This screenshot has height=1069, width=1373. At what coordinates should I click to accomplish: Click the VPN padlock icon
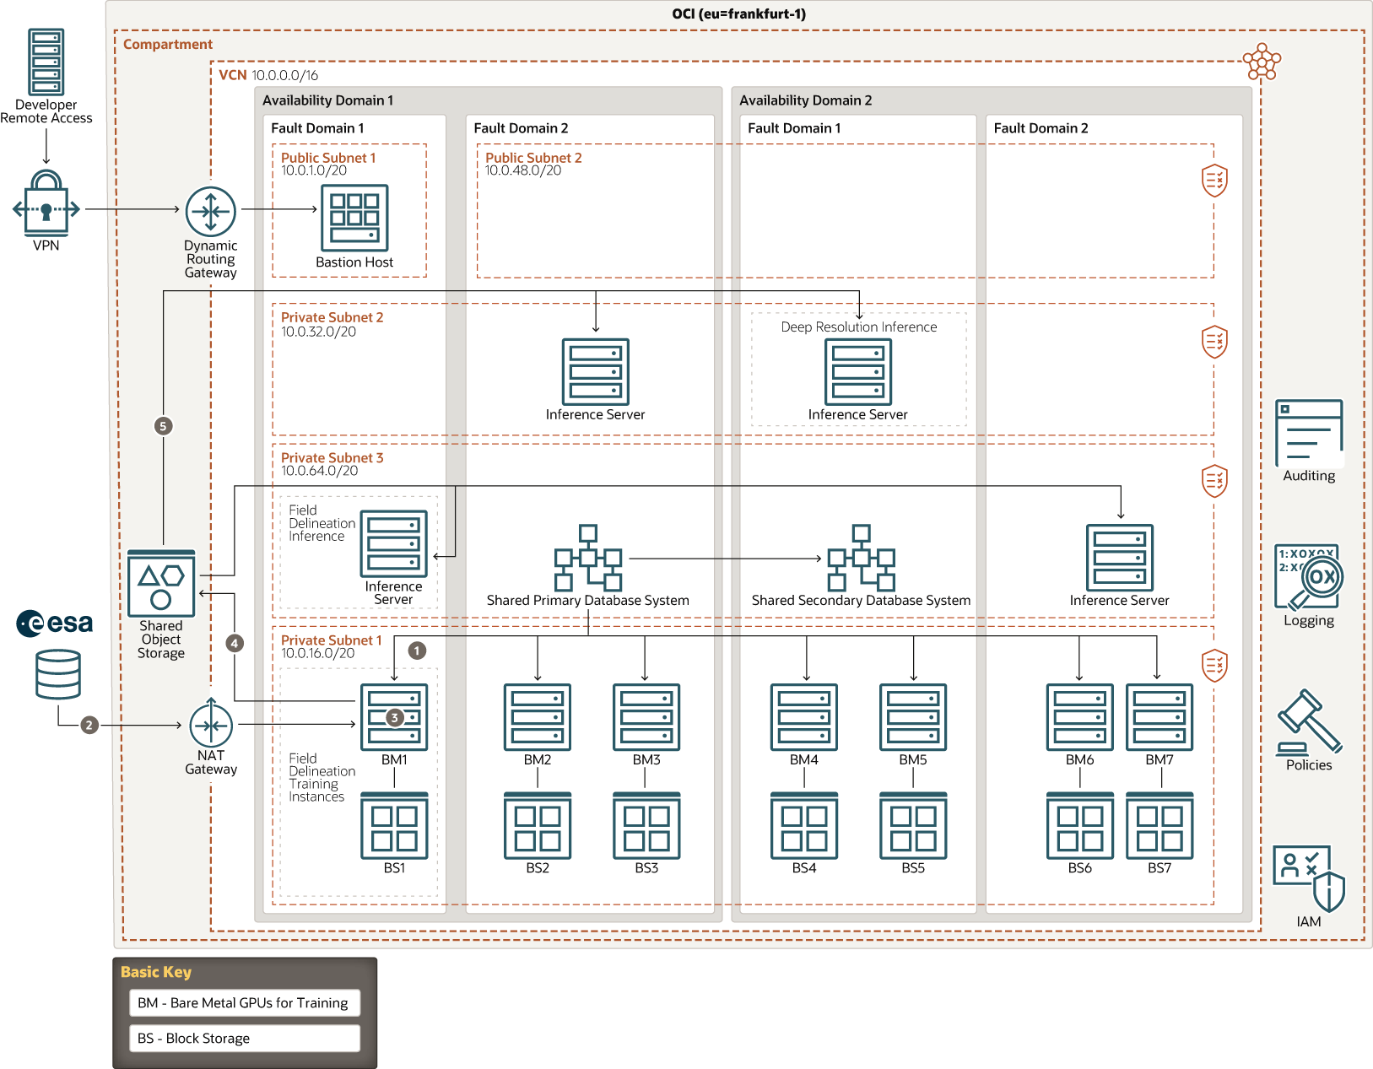[x=46, y=205]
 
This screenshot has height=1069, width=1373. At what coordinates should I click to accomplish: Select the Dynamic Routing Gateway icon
[x=211, y=211]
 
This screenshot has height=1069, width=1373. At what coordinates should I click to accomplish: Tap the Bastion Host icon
[x=354, y=218]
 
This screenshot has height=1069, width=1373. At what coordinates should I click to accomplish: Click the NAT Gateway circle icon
[x=211, y=724]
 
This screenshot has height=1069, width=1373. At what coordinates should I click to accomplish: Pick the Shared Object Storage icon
[x=161, y=584]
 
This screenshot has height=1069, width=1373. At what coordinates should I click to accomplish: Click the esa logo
[x=55, y=624]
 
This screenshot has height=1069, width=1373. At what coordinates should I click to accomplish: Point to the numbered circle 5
[x=164, y=426]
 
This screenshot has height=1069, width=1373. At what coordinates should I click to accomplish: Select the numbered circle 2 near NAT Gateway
[x=89, y=725]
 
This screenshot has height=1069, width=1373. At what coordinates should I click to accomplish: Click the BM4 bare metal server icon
[x=804, y=717]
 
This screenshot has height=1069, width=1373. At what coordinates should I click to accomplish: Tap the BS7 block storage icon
[x=1159, y=825]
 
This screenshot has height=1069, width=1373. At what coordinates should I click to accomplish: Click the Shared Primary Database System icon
[x=588, y=558]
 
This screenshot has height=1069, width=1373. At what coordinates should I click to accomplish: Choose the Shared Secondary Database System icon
[x=861, y=558]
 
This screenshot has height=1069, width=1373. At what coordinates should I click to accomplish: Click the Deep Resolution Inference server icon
[x=858, y=372]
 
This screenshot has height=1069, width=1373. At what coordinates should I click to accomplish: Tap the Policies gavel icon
[x=1309, y=722]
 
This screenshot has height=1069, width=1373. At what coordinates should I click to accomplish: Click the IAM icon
[x=1309, y=878]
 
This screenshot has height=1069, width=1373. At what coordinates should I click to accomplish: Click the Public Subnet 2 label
[x=533, y=158]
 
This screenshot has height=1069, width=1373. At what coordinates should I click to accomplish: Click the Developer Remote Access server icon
[x=46, y=62]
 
